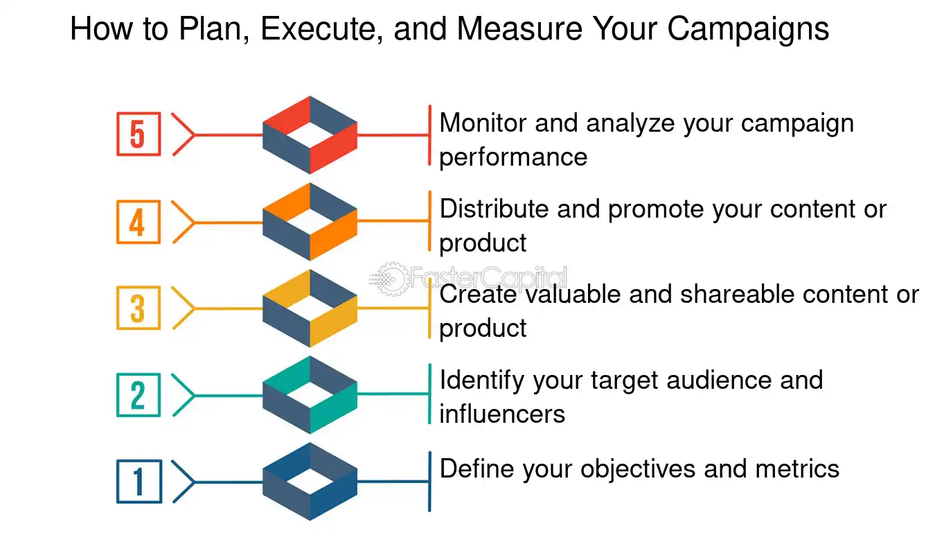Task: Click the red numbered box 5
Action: (139, 134)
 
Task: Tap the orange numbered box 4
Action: (139, 222)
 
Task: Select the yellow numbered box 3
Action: (139, 308)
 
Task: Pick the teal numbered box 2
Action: (139, 395)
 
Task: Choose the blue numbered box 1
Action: (139, 482)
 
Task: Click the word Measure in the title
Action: (519, 28)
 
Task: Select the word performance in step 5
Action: (513, 158)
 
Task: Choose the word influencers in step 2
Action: (503, 414)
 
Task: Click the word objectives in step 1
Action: (638, 469)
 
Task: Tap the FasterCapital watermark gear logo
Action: (390, 279)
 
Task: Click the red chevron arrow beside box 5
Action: (184, 134)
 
